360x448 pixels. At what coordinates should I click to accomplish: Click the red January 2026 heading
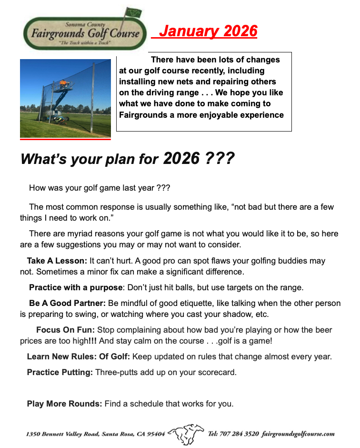pyautogui.click(x=208, y=31)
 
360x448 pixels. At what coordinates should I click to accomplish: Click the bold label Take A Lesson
pyautogui.click(x=57, y=261)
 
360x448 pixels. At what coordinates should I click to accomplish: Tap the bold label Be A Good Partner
pyautogui.click(x=67, y=303)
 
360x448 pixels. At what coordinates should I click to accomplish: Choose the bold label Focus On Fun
pyautogui.click(x=65, y=330)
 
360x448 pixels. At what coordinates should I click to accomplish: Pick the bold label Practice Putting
pyautogui.click(x=60, y=372)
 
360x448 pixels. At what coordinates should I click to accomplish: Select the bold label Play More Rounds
pyautogui.click(x=64, y=404)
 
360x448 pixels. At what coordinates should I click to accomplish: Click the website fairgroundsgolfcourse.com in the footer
pyautogui.click(x=298, y=434)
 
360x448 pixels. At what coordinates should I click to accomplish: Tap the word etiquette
pyautogui.click(x=206, y=303)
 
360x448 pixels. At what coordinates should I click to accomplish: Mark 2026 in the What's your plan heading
pyautogui.click(x=181, y=159)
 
